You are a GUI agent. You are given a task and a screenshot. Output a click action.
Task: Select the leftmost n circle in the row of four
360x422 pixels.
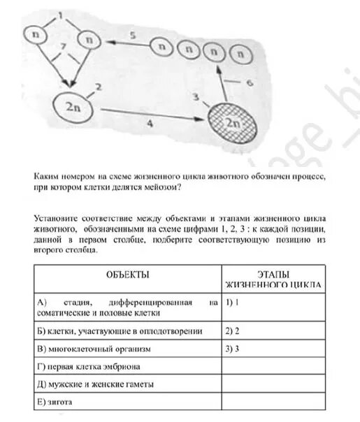[163, 49]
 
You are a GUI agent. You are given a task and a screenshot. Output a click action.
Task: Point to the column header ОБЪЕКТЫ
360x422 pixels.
[127, 275]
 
